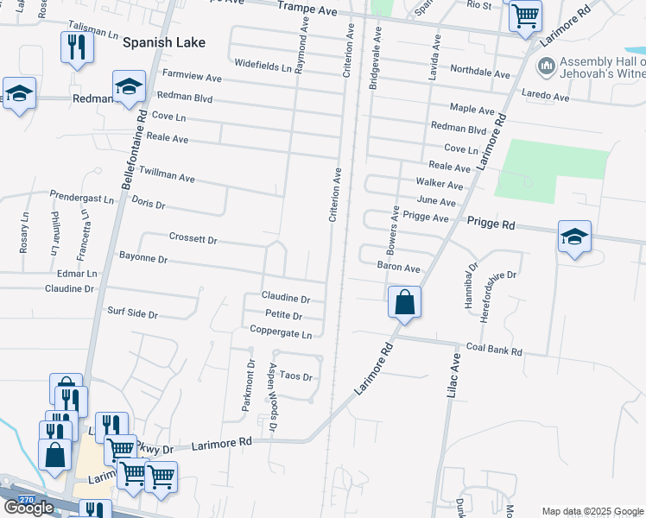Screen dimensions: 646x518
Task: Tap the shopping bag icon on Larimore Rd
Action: click(404, 303)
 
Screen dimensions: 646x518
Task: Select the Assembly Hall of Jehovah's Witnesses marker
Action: click(546, 66)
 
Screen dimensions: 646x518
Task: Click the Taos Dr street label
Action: click(295, 377)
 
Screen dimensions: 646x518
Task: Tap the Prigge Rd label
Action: click(491, 224)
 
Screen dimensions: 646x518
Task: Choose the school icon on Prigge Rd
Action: click(574, 237)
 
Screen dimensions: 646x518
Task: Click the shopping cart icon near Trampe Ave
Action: click(525, 16)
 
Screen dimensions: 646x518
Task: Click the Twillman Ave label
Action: click(167, 175)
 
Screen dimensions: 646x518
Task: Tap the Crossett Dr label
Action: click(193, 238)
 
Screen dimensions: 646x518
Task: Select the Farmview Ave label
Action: click(192, 78)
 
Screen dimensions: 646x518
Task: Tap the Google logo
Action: click(28, 508)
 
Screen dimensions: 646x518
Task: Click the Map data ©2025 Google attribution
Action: click(592, 511)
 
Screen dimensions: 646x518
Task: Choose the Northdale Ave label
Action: click(480, 72)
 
